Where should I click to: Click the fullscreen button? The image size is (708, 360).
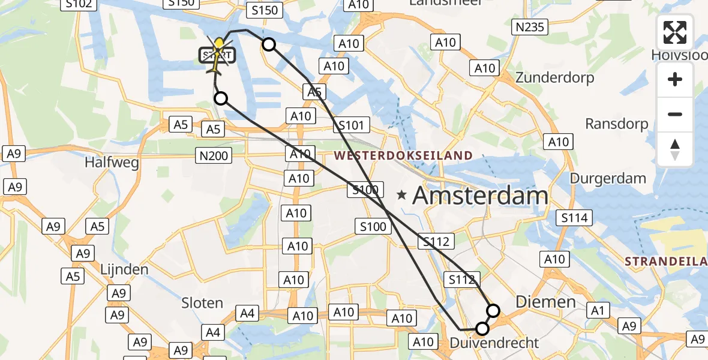(x=675, y=32)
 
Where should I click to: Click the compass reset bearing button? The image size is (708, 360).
(x=675, y=149)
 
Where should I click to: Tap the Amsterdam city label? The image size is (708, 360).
(x=481, y=196)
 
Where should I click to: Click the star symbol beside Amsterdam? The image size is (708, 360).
(x=402, y=195)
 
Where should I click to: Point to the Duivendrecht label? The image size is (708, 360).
(x=494, y=343)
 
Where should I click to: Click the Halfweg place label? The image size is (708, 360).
(x=112, y=162)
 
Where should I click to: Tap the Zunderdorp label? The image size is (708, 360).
(x=554, y=78)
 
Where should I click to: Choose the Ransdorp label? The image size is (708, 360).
(x=617, y=124)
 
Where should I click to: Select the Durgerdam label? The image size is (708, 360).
(x=608, y=178)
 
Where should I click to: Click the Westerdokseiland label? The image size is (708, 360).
(x=403, y=156)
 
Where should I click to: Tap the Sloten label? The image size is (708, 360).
(x=202, y=303)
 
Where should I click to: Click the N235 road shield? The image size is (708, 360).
(x=529, y=26)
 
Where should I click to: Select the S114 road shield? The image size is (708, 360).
(x=574, y=218)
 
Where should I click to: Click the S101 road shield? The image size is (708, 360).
(x=351, y=125)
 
